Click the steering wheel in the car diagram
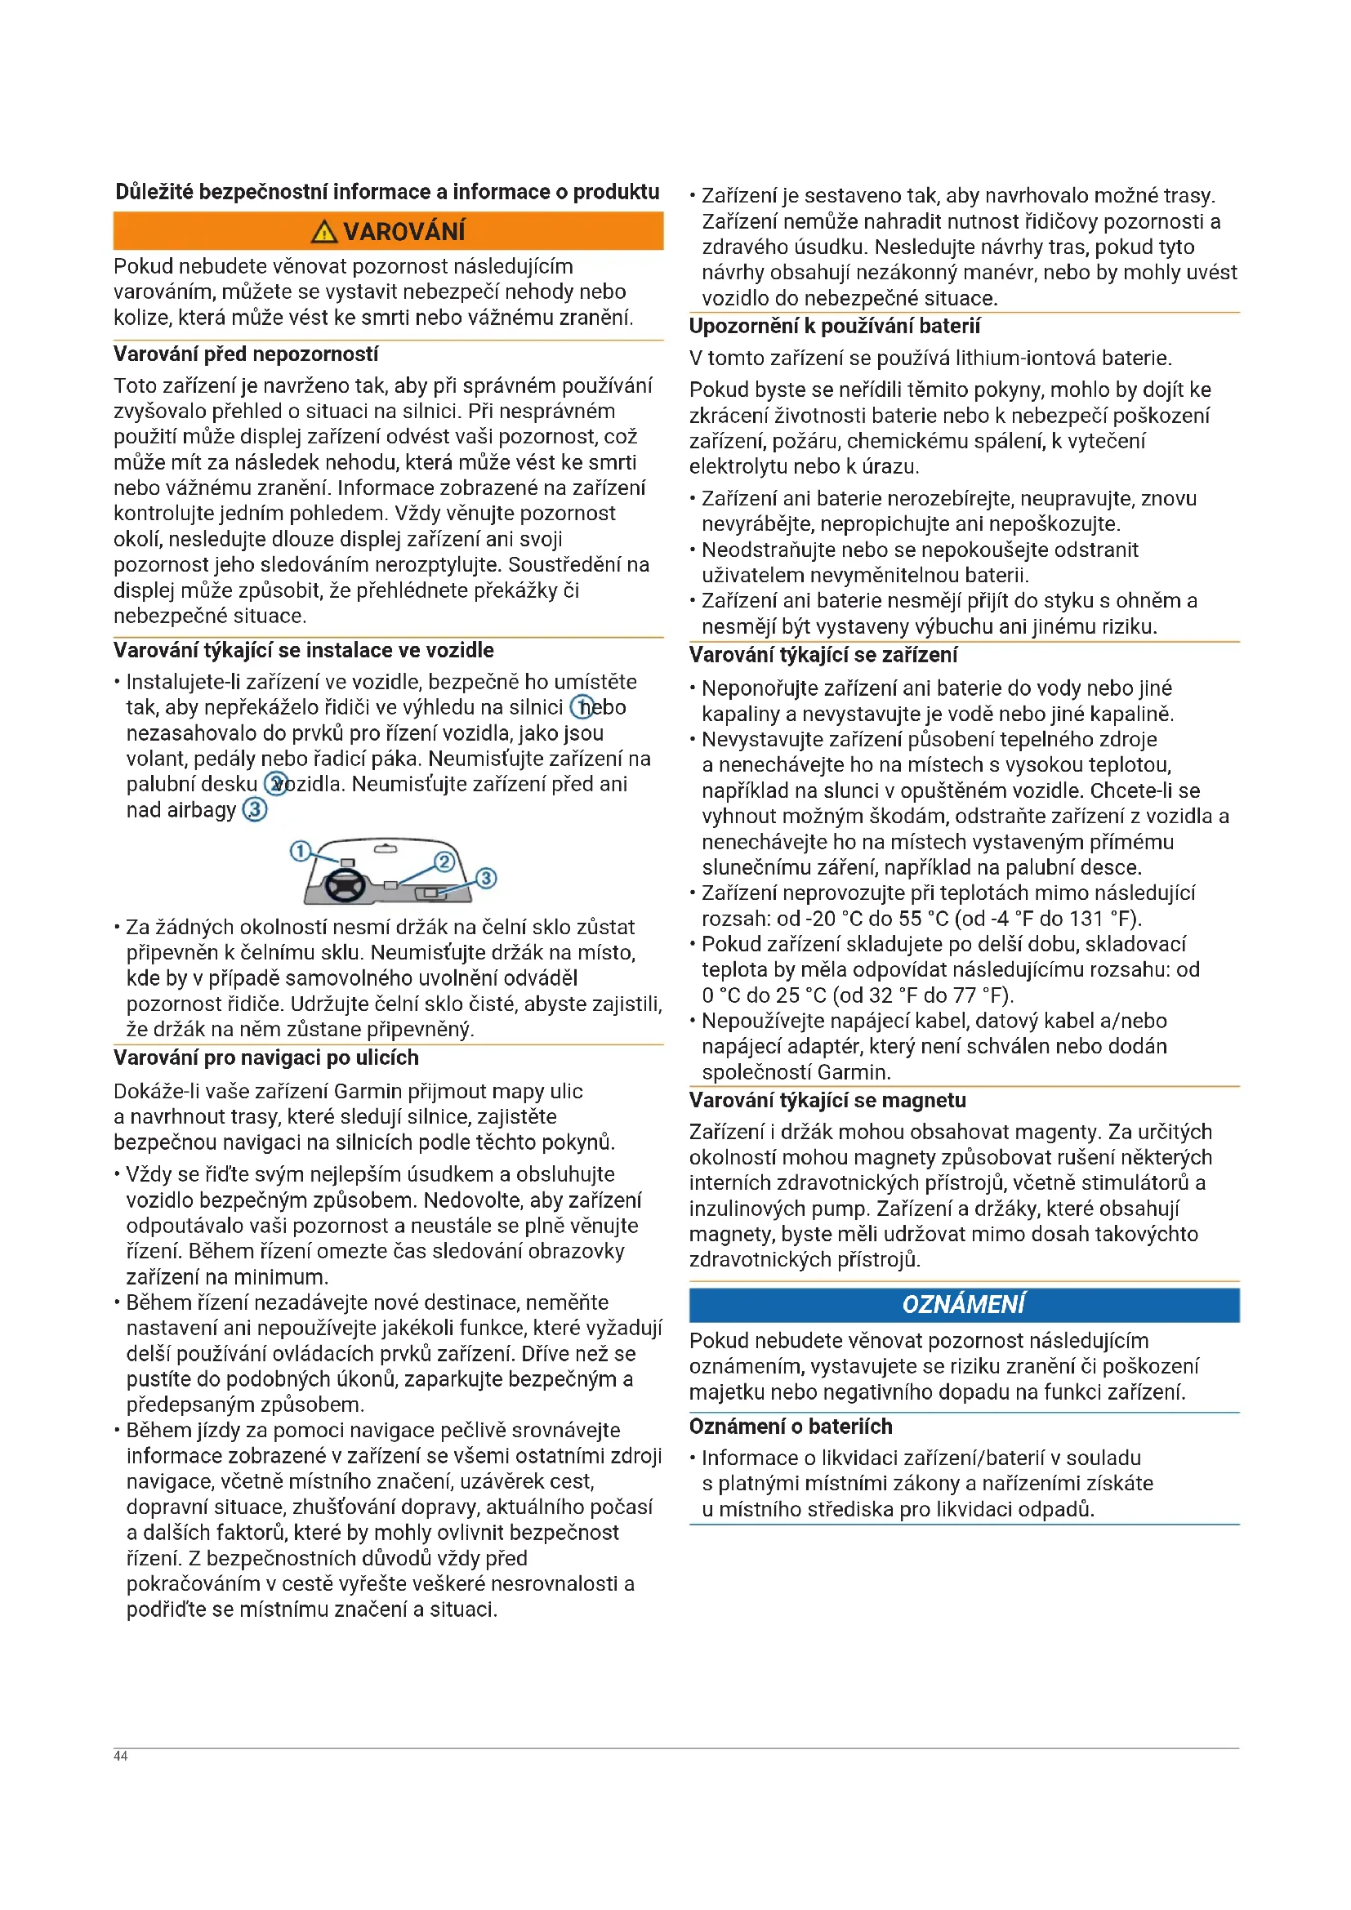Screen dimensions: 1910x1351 click(x=345, y=884)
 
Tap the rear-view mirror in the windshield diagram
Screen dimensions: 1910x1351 click(x=386, y=849)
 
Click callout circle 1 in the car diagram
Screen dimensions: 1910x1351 click(x=300, y=851)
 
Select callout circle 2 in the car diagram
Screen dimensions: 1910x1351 click(x=444, y=862)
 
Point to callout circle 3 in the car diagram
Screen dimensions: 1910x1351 click(x=486, y=879)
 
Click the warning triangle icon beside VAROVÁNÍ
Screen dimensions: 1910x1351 click(x=323, y=232)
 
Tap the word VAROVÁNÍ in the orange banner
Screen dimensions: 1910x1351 click(x=404, y=232)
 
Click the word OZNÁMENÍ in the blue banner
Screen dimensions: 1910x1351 click(x=963, y=1304)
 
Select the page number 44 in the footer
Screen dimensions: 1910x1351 click(x=121, y=1756)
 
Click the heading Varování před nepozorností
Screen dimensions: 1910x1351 click(x=245, y=354)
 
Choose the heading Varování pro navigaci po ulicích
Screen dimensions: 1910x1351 click(x=265, y=1058)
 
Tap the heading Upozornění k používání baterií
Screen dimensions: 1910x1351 click(x=835, y=327)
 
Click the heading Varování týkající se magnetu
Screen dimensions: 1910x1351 click(x=827, y=1101)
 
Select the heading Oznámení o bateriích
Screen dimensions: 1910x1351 click(x=791, y=1427)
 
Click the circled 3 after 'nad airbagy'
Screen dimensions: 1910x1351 click(x=255, y=809)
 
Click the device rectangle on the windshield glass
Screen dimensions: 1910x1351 click(x=348, y=862)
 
